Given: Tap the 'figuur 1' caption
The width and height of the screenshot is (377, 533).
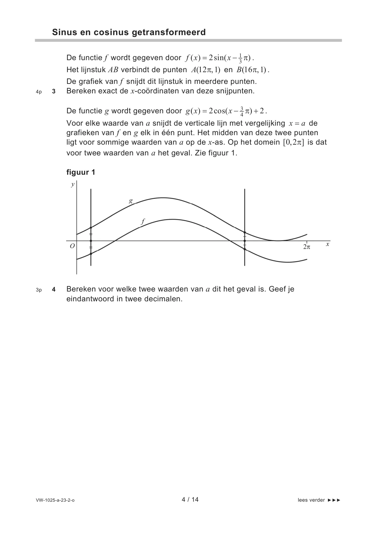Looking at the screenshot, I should coord(81,172).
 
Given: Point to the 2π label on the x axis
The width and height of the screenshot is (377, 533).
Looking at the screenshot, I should coord(306,247).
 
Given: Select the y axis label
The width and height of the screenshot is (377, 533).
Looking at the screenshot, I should coord(73,184).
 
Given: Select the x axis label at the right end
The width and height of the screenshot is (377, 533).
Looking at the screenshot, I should coord(328,244).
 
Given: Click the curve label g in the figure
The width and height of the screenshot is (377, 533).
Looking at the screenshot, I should coord(131,201).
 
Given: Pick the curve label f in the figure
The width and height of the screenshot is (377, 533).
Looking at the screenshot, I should coord(143,222).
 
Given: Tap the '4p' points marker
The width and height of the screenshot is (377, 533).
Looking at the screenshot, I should coord(39,92).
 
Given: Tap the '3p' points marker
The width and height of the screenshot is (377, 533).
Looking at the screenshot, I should coord(39,290).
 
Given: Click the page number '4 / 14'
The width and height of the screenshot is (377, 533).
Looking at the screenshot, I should coord(190,499).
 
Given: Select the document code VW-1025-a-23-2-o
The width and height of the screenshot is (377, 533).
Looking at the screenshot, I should coord(55,500).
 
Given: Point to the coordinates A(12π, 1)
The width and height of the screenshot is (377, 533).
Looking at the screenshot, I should coord(206,70).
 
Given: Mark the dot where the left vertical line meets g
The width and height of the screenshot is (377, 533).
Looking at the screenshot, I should coord(91,228).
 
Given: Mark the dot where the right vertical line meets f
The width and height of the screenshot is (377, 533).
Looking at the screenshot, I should coord(245,249).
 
